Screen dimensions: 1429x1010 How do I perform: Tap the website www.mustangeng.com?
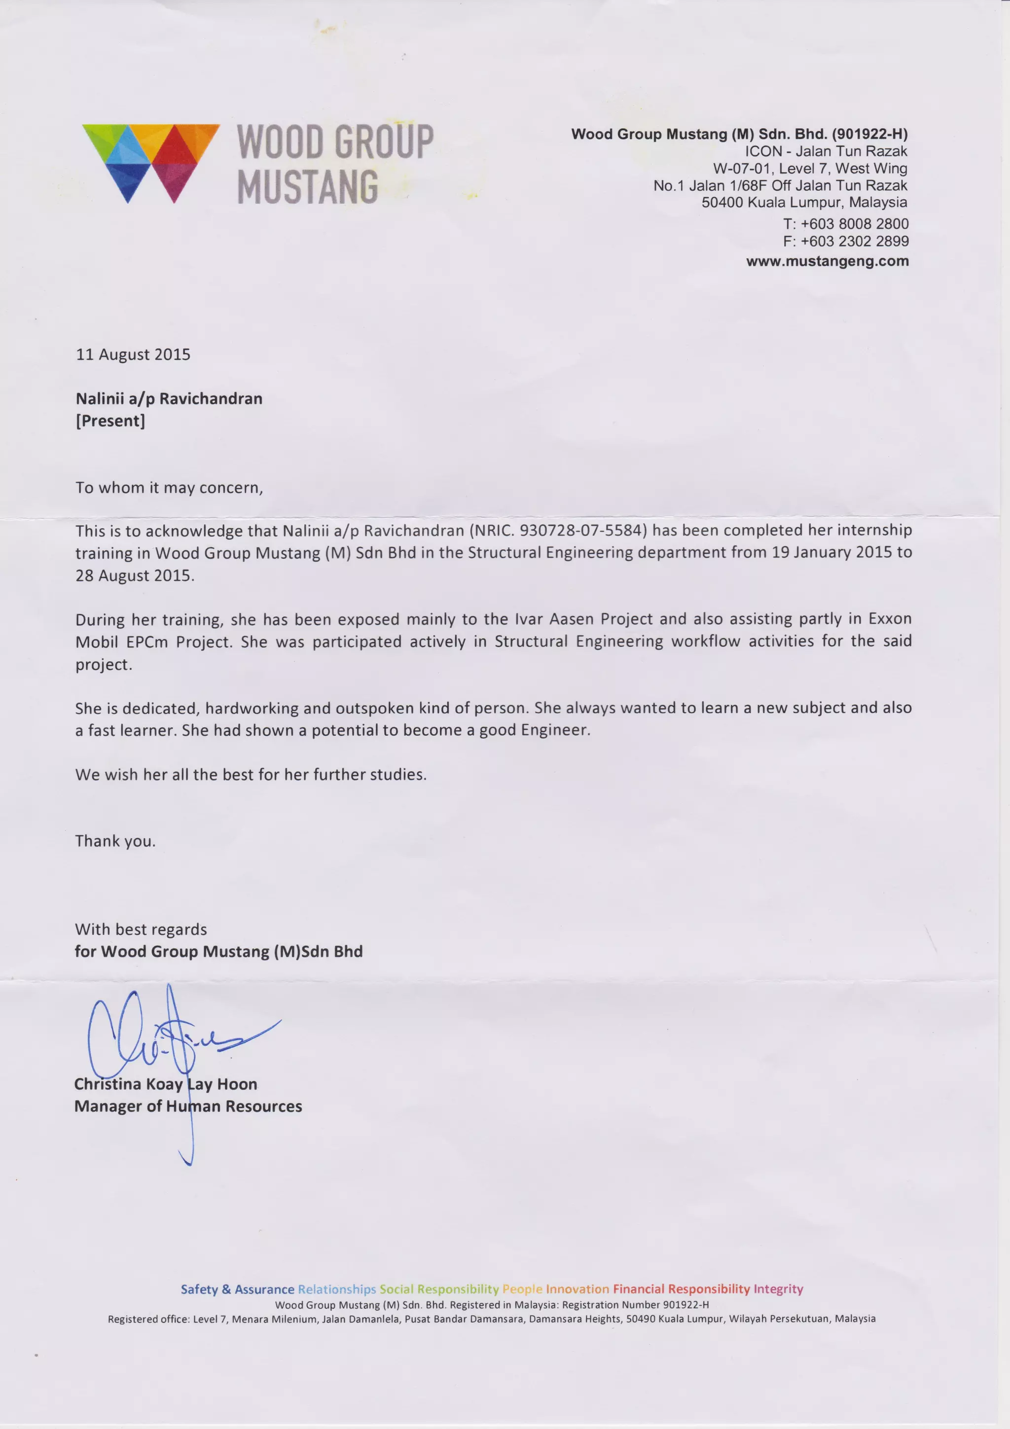pyautogui.click(x=827, y=261)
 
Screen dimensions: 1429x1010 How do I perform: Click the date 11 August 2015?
pyautogui.click(x=133, y=355)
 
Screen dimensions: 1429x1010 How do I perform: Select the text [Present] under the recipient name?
pyautogui.click(x=110, y=422)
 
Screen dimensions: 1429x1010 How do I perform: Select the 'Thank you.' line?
pyautogui.click(x=115, y=841)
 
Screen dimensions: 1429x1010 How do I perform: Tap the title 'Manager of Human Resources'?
pyautogui.click(x=188, y=1107)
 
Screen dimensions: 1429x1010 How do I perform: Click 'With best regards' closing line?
pyautogui.click(x=141, y=930)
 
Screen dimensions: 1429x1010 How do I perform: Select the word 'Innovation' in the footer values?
pyautogui.click(x=577, y=1289)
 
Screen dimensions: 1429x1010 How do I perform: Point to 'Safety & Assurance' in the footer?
pyautogui.click(x=237, y=1289)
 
